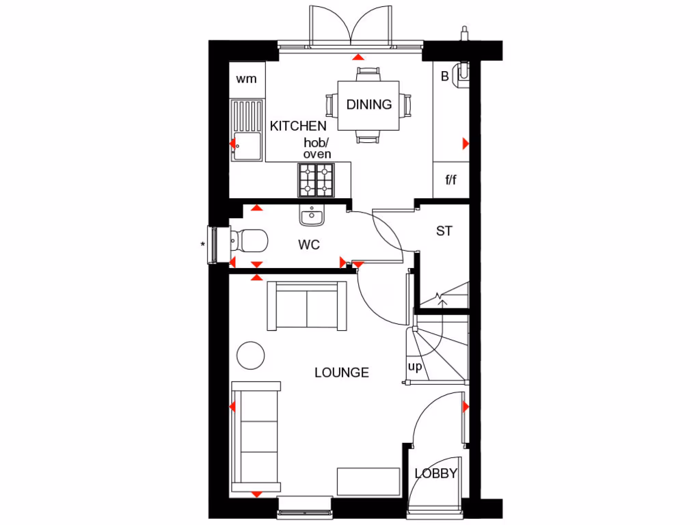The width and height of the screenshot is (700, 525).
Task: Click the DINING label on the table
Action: point(369,105)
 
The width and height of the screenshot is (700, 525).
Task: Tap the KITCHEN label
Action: point(298,126)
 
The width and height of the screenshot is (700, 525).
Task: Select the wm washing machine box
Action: point(247,79)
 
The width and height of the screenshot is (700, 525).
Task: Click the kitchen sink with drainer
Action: point(246,130)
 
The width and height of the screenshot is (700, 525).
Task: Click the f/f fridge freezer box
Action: point(451,180)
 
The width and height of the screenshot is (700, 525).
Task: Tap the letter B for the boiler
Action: point(444,77)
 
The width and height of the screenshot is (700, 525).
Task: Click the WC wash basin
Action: point(312,216)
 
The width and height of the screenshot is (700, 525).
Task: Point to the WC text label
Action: point(308,245)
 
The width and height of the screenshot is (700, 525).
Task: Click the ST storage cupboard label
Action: point(444,231)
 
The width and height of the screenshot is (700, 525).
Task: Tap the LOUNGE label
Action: point(342,373)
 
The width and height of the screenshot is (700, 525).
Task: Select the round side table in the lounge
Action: point(250,355)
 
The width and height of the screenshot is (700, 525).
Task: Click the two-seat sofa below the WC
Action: point(308,306)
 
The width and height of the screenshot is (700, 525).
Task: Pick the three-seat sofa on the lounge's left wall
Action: point(256,437)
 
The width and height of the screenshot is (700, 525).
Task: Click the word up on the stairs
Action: point(415,366)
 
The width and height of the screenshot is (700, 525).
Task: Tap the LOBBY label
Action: point(436,473)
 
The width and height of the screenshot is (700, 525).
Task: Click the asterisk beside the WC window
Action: point(203,244)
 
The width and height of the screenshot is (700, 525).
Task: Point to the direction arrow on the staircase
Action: point(441,298)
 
